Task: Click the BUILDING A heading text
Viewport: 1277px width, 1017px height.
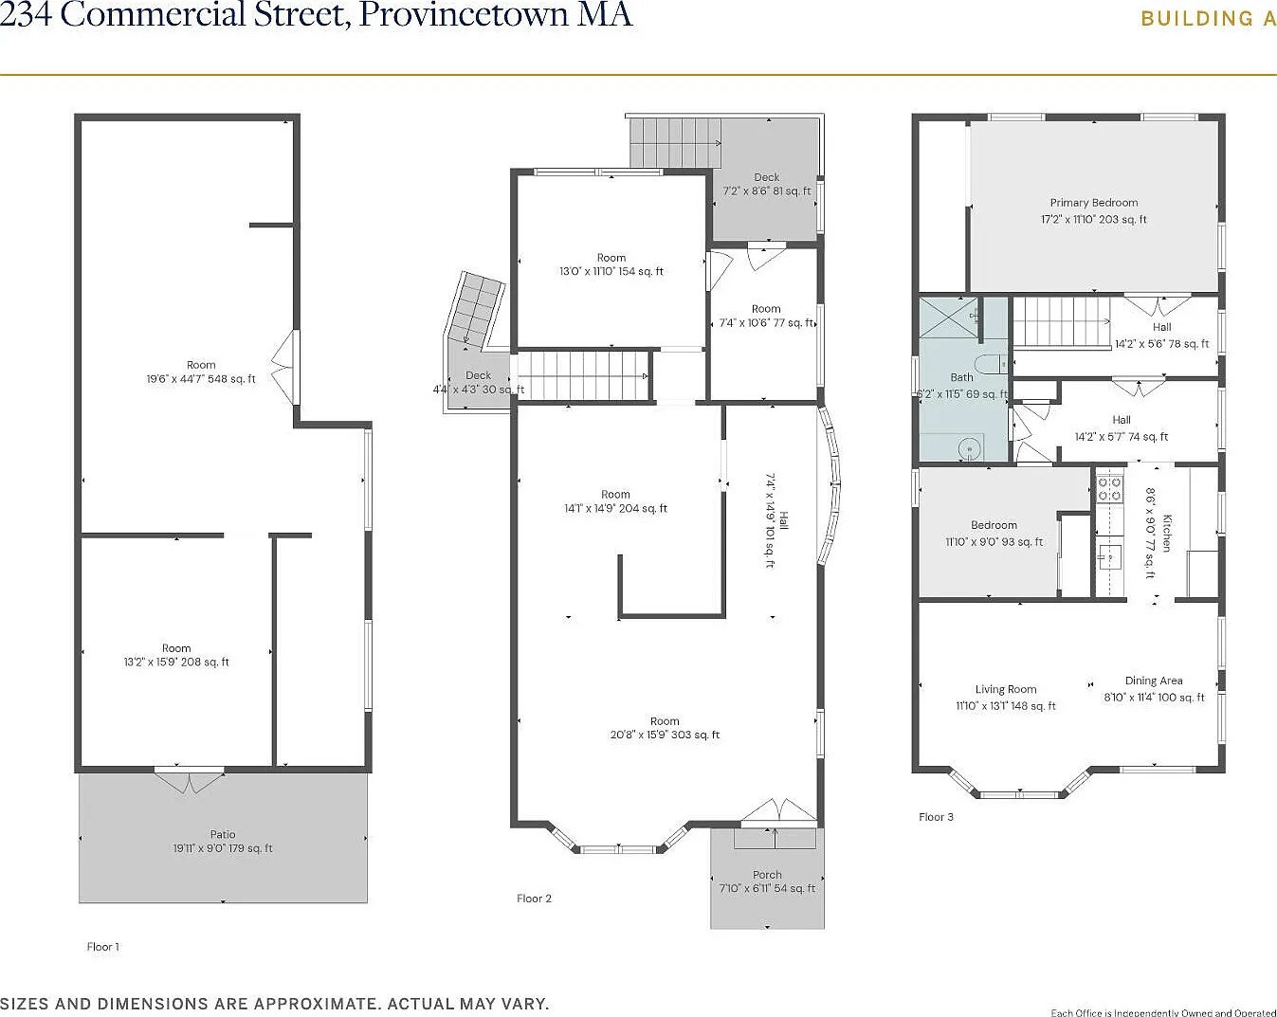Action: (x=1208, y=19)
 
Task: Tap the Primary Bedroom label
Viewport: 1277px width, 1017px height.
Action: (x=1093, y=203)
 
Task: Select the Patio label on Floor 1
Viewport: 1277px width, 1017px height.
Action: (x=223, y=835)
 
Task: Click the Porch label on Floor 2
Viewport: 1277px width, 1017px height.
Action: (x=767, y=875)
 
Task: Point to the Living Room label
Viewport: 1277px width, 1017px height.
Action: (x=1005, y=690)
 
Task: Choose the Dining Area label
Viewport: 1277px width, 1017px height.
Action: (x=1153, y=681)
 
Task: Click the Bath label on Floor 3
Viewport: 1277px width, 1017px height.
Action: (x=961, y=377)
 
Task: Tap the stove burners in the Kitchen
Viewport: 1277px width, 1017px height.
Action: (x=1109, y=489)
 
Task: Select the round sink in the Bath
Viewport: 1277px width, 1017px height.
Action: (x=969, y=448)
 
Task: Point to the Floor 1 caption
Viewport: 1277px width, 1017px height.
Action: (x=103, y=947)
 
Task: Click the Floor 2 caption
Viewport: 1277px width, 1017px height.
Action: (x=534, y=899)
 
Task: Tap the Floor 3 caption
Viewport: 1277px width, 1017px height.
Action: (x=936, y=817)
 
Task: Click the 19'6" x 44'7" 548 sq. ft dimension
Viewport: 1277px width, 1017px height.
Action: (x=201, y=379)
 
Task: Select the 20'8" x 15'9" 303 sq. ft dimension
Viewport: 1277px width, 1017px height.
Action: (x=665, y=736)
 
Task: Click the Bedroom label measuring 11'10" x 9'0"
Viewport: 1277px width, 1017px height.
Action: (x=994, y=525)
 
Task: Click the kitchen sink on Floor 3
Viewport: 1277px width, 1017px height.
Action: (x=1108, y=555)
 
